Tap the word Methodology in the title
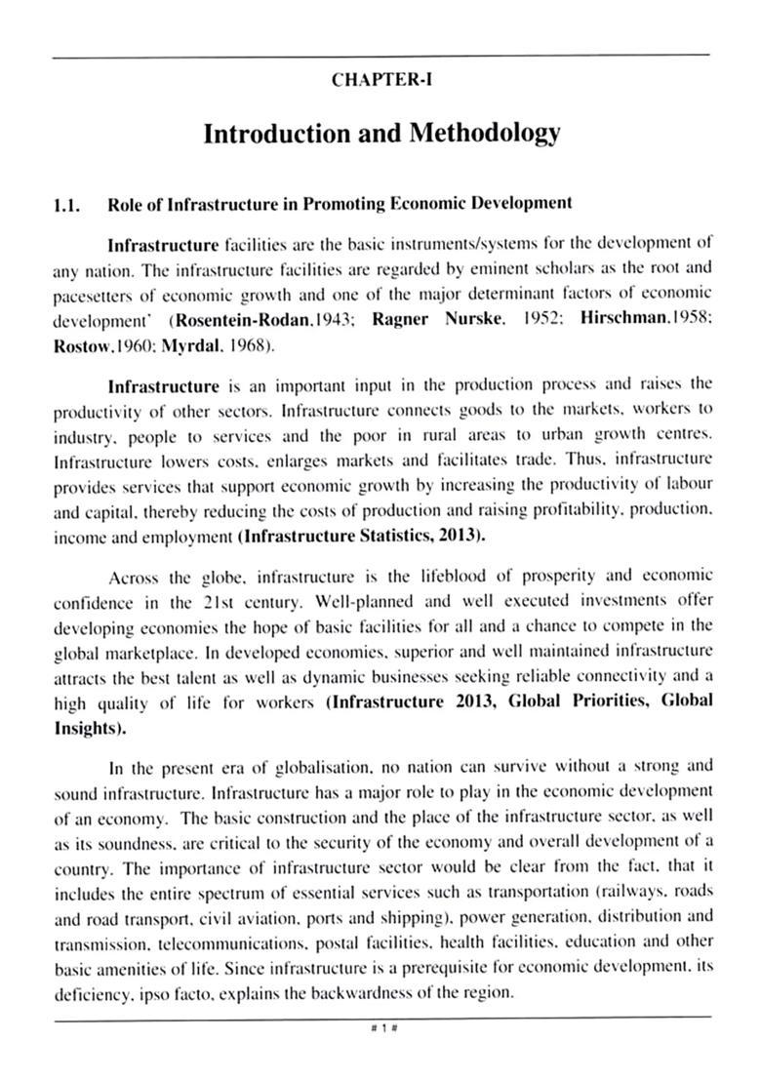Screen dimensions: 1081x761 point(481,133)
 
